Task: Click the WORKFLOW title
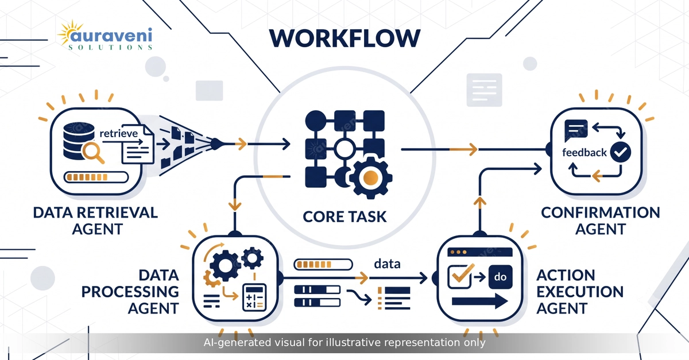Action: (345, 38)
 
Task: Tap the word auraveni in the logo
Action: (111, 36)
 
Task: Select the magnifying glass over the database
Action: (93, 153)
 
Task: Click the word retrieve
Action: (119, 134)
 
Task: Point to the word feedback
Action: (585, 152)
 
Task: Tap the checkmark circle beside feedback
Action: (621, 152)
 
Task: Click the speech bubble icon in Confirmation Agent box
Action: (576, 130)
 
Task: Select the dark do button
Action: (501, 277)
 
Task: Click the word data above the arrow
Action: (387, 264)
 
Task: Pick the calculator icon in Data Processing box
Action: (254, 297)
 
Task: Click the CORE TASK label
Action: (344, 216)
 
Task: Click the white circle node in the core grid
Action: (344, 149)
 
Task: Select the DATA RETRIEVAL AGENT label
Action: (96, 220)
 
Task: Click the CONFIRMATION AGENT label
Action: (601, 220)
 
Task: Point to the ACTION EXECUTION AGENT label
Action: (580, 292)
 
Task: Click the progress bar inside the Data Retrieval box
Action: (96, 177)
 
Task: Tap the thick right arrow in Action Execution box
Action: (480, 301)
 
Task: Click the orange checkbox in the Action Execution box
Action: (460, 276)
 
